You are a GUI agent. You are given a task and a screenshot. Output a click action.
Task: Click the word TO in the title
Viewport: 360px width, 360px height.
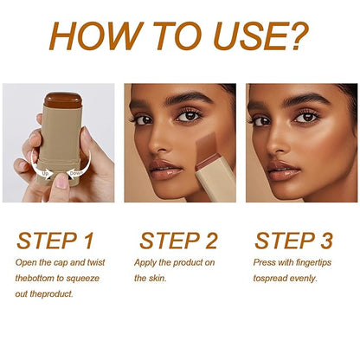172,35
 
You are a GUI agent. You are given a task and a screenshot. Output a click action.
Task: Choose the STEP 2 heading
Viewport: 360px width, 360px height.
179,240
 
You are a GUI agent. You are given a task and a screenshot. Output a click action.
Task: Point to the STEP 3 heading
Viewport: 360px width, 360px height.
297,240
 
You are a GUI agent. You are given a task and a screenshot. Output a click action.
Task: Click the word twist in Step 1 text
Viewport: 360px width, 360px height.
99,261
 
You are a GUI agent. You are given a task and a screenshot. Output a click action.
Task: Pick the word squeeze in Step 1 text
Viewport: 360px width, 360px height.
93,278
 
